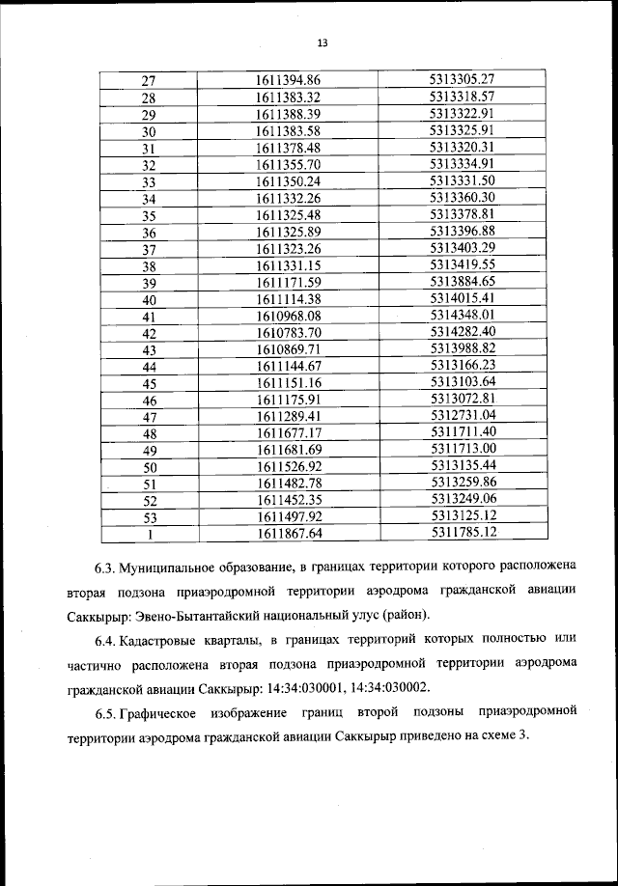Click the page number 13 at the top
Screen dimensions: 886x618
tap(323, 42)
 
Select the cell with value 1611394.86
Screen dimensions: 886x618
tap(288, 81)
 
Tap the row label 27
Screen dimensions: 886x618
tap(149, 81)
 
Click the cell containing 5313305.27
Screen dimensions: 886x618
tap(463, 81)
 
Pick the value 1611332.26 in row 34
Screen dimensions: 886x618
tap(288, 198)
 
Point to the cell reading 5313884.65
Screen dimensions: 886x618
tap(463, 282)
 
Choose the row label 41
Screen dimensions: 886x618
tap(149, 316)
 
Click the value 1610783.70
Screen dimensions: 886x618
tap(288, 332)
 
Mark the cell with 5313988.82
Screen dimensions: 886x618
tap(463, 348)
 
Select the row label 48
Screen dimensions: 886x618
tap(149, 432)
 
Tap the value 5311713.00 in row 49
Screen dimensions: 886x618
tap(463, 449)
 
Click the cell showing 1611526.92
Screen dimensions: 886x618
tap(288, 466)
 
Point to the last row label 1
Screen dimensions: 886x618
tap(149, 533)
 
